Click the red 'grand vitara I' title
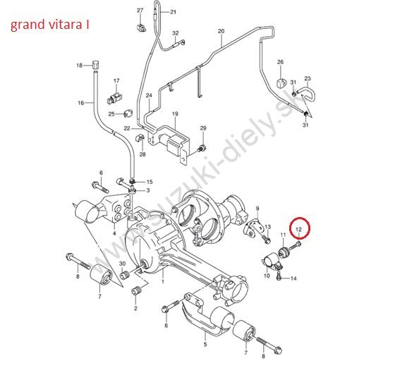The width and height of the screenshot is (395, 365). pos(49,25)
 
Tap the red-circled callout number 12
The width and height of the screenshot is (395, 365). pos(298,229)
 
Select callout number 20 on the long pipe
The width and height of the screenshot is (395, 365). pos(221,31)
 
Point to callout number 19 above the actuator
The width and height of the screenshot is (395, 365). pos(175,113)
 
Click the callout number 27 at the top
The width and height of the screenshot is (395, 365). pos(140,11)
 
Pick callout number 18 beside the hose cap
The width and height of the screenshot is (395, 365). pos(79,66)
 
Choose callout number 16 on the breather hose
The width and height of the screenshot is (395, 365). pos(80,103)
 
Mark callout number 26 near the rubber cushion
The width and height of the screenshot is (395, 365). pos(281,62)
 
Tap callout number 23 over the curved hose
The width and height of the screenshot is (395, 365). pos(308,78)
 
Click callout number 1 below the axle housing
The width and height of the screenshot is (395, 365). pos(163,281)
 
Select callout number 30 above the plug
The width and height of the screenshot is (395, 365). pos(122,264)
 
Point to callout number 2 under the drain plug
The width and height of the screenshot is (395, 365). pos(135,309)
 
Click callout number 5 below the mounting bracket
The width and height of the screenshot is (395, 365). pos(205,344)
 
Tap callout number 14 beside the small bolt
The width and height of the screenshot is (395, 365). pos(293,278)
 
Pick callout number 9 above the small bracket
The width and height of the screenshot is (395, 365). pos(257,209)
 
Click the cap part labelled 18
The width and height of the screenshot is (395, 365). pos(95,65)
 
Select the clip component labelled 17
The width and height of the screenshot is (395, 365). pos(114,98)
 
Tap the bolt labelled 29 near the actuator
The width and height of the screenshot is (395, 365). pos(202,148)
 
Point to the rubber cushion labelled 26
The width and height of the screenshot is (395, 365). pos(281,82)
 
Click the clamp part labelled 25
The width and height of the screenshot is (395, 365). pos(128,113)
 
